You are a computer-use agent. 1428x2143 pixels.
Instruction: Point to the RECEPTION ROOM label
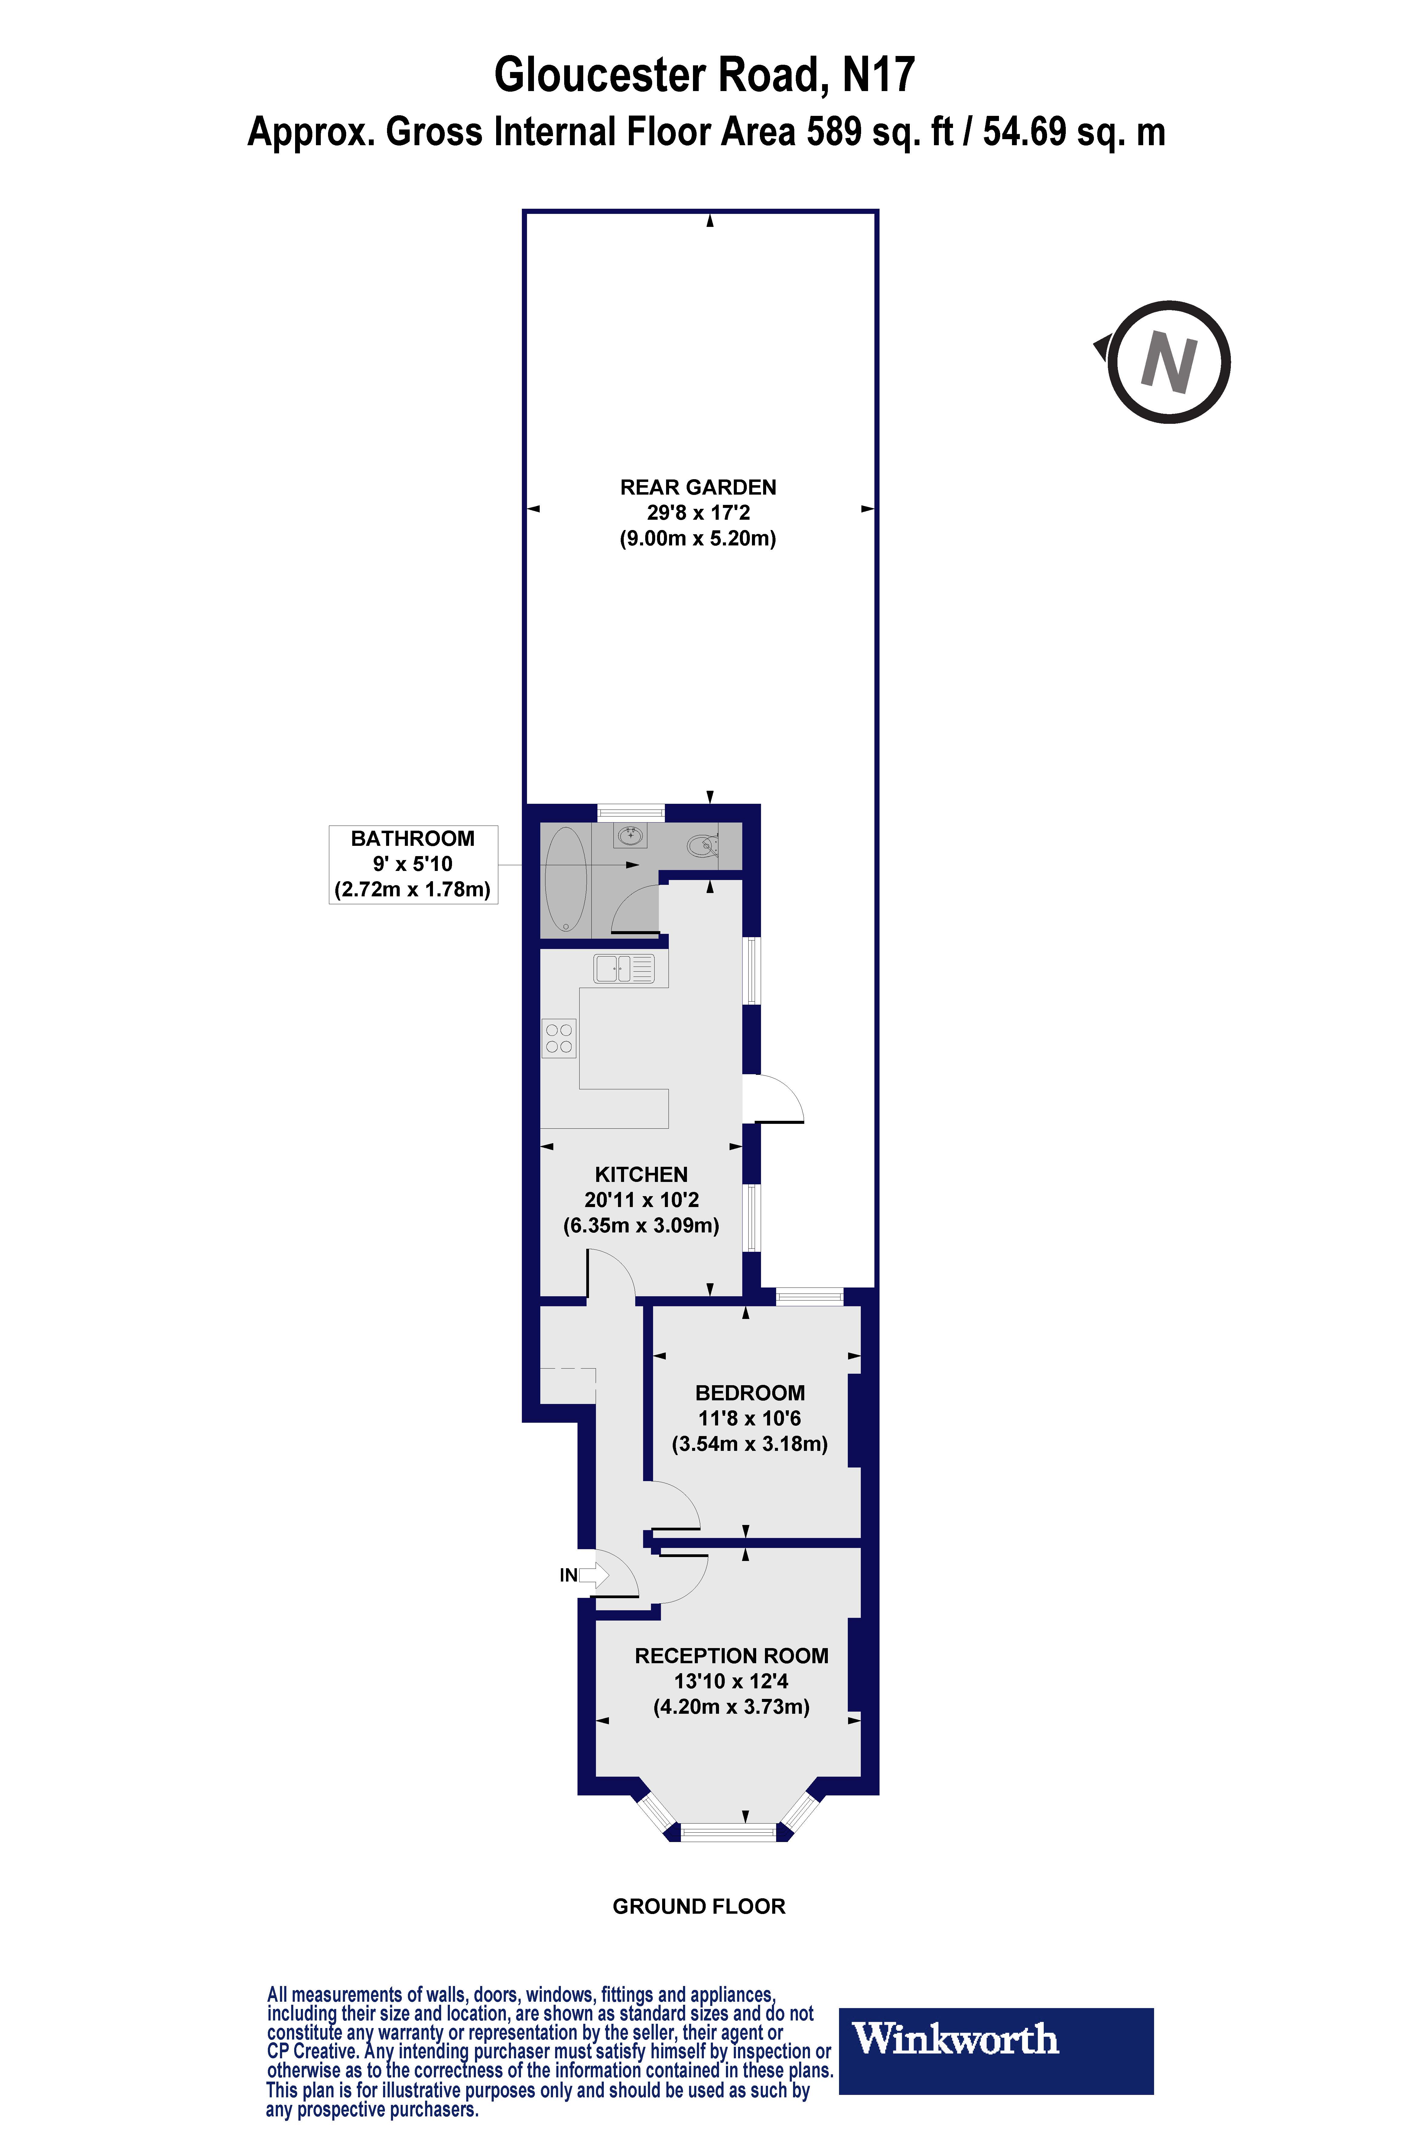tap(731, 1656)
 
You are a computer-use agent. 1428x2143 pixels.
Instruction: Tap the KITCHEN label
tap(641, 1174)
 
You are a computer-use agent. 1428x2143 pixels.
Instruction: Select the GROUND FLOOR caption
tap(698, 1906)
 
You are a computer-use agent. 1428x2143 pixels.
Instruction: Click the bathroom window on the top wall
tap(630, 811)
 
